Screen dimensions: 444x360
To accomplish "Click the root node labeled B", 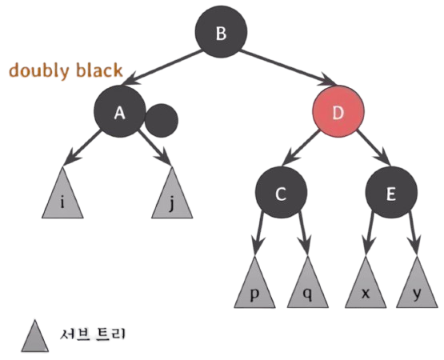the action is (x=221, y=32).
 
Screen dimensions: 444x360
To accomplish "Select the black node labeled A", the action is (x=120, y=111).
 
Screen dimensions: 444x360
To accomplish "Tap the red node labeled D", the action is (x=338, y=111).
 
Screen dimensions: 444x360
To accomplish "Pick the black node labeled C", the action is (x=281, y=192).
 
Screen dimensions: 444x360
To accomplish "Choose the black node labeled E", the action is (x=391, y=192).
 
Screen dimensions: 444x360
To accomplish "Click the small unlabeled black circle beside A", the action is (x=162, y=120).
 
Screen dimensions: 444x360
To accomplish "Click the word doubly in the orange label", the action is (x=39, y=71).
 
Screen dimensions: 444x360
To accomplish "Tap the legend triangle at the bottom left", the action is (x=35, y=336).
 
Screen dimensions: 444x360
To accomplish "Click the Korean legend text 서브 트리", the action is (x=92, y=334).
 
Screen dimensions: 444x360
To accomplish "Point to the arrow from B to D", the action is (x=288, y=67).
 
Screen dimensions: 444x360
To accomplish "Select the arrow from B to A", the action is (x=161, y=67).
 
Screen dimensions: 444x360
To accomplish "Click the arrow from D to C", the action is (x=301, y=147).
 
